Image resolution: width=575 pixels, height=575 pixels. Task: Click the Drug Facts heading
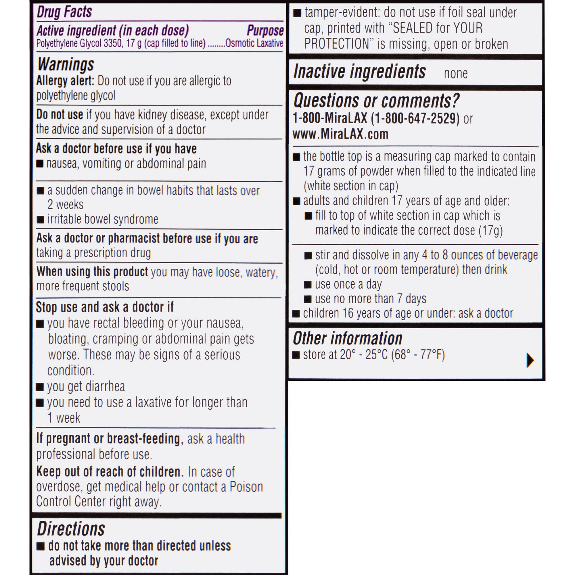point(64,12)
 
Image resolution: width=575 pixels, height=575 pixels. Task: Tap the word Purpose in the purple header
point(265,31)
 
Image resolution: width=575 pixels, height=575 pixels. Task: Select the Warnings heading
point(66,64)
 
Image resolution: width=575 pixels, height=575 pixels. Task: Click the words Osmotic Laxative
point(254,43)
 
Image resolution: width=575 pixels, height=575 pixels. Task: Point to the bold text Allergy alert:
point(65,81)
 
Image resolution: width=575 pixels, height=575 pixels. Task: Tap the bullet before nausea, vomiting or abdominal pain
point(40,164)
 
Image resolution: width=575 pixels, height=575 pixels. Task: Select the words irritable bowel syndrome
point(103,219)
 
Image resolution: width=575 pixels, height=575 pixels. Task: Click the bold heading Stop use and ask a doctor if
point(104,307)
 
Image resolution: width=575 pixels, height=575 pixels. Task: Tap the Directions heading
point(71,529)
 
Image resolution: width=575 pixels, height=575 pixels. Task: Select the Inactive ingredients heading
point(360,72)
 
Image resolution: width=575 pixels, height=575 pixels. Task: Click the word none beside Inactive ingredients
point(456,74)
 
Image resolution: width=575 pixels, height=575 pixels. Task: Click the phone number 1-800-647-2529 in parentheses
point(415,118)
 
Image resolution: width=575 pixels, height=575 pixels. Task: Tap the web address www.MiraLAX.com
point(340,135)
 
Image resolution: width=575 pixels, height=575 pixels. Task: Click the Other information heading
point(348,339)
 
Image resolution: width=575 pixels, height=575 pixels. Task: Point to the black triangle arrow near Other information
point(530,361)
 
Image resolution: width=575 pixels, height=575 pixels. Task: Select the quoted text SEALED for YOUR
point(438,28)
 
